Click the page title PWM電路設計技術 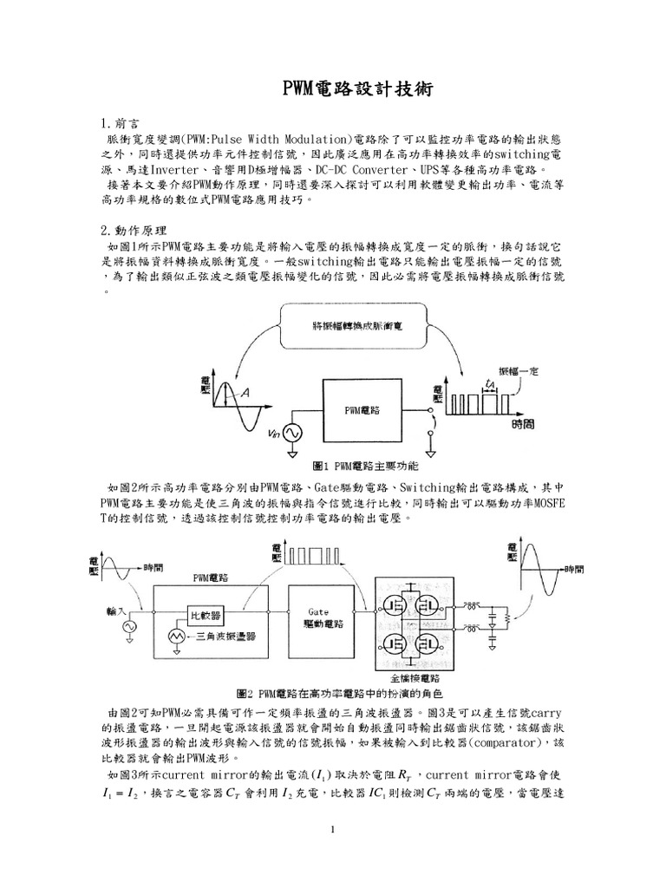click(333, 89)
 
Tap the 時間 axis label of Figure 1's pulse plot click(522, 425)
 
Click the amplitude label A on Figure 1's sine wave click(246, 395)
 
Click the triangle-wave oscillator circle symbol click(178, 637)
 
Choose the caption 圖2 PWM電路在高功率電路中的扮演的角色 click(339, 695)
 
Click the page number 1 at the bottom click(333, 829)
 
